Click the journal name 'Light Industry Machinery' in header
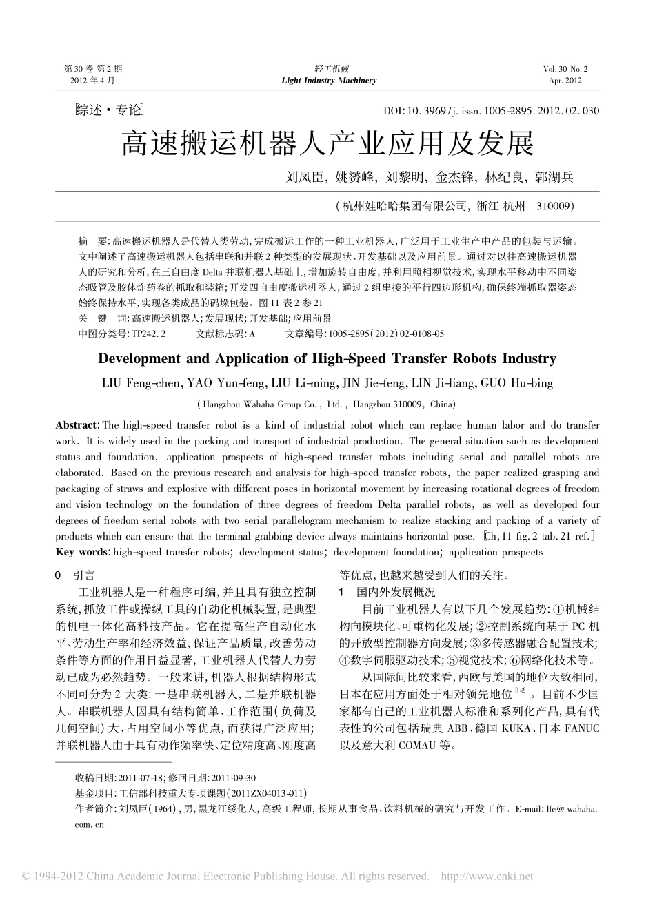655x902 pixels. [329, 81]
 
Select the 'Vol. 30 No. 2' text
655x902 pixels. [565, 69]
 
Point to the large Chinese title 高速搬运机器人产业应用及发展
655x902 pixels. [327, 144]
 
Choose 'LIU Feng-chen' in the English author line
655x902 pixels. [142, 382]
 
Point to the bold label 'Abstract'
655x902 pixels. [77, 425]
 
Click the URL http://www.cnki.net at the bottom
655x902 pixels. [487, 877]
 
